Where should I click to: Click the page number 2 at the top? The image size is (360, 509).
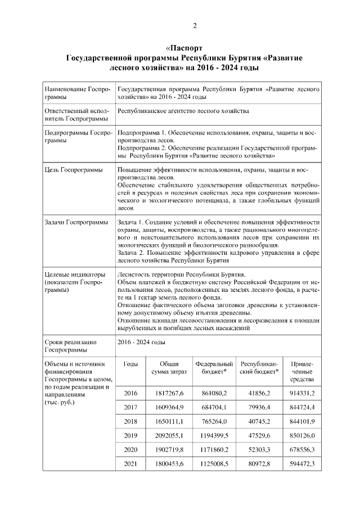coord(195,26)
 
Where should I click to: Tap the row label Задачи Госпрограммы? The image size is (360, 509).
coord(76,222)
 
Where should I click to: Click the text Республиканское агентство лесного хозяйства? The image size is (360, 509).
coord(183,111)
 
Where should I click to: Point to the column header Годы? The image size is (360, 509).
coord(130,364)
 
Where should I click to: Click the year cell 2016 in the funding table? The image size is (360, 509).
coord(130,392)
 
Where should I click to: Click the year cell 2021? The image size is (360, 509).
coord(130,463)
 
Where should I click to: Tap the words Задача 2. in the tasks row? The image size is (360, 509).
coord(132,253)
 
